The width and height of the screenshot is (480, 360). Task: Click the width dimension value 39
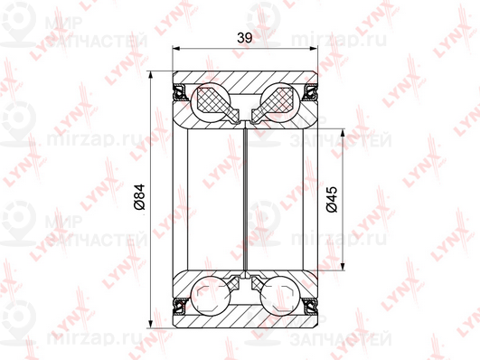pos(244,38)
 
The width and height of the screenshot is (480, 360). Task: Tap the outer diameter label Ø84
pos(139,197)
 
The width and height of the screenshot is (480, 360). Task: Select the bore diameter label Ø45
pos(332,199)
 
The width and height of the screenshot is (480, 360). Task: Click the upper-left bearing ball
pos(210,102)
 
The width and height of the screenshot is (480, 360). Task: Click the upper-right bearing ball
pos(280,102)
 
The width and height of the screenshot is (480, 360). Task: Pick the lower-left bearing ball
pos(210,296)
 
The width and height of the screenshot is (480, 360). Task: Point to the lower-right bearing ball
pos(280,296)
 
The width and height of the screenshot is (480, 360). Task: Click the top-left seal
pos(180,91)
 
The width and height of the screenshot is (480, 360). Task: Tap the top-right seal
pos(310,91)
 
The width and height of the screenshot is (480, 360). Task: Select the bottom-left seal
pos(180,307)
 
